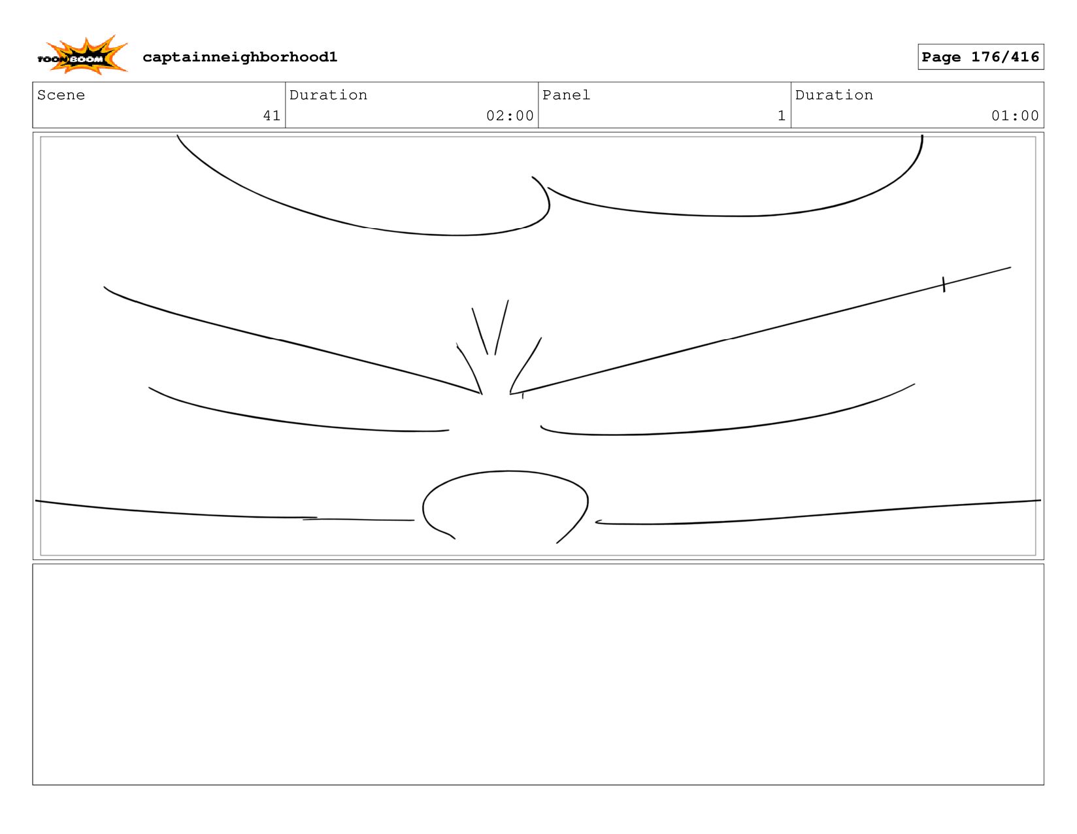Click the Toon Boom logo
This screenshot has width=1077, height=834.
coord(82,56)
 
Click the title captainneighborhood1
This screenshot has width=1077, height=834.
coord(240,58)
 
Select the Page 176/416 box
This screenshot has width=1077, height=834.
coord(980,57)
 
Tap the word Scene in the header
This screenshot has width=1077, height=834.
coord(61,95)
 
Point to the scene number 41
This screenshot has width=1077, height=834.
coord(271,116)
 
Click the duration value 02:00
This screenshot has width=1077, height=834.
coord(510,116)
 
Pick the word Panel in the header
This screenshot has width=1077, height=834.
coord(566,95)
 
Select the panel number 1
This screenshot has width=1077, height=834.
coord(781,116)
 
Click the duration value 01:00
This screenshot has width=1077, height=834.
coord(1015,116)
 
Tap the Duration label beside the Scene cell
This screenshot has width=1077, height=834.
coord(328,95)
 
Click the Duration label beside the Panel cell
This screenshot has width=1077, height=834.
coord(834,95)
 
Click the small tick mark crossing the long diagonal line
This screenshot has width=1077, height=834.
coord(943,284)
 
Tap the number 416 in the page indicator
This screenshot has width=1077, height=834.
coord(1025,57)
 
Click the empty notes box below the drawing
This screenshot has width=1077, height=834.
coord(538,674)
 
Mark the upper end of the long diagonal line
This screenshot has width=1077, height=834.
coord(1009,267)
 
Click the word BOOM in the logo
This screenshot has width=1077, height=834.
coord(87,59)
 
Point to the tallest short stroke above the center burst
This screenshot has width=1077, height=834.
coord(502,327)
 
